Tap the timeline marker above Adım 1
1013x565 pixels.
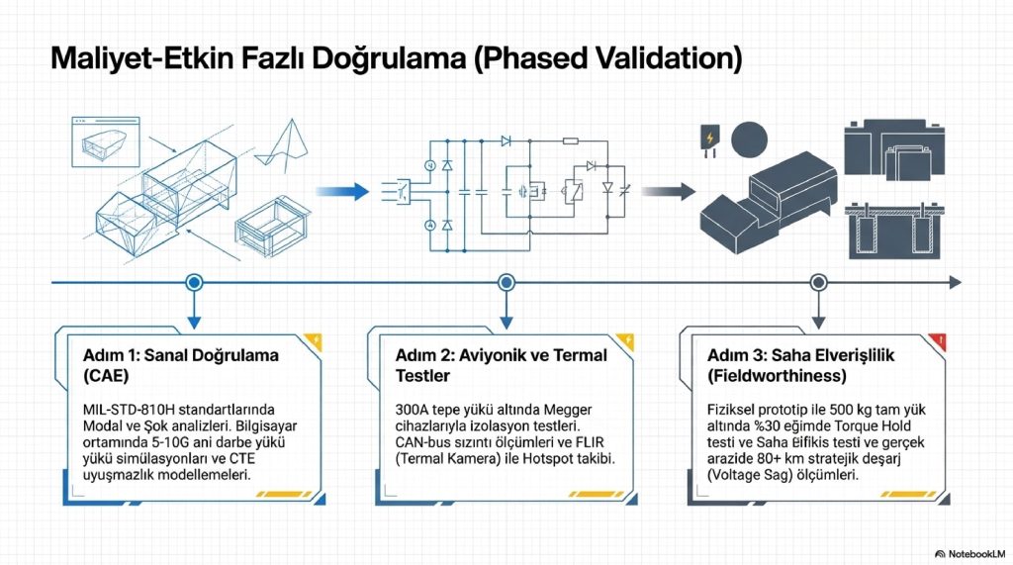[x=194, y=282]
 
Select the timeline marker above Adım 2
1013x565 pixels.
[x=506, y=282]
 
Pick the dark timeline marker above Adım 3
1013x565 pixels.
[x=818, y=282]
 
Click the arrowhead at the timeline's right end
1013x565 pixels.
[x=954, y=282]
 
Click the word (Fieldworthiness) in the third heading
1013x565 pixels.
[x=777, y=376]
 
